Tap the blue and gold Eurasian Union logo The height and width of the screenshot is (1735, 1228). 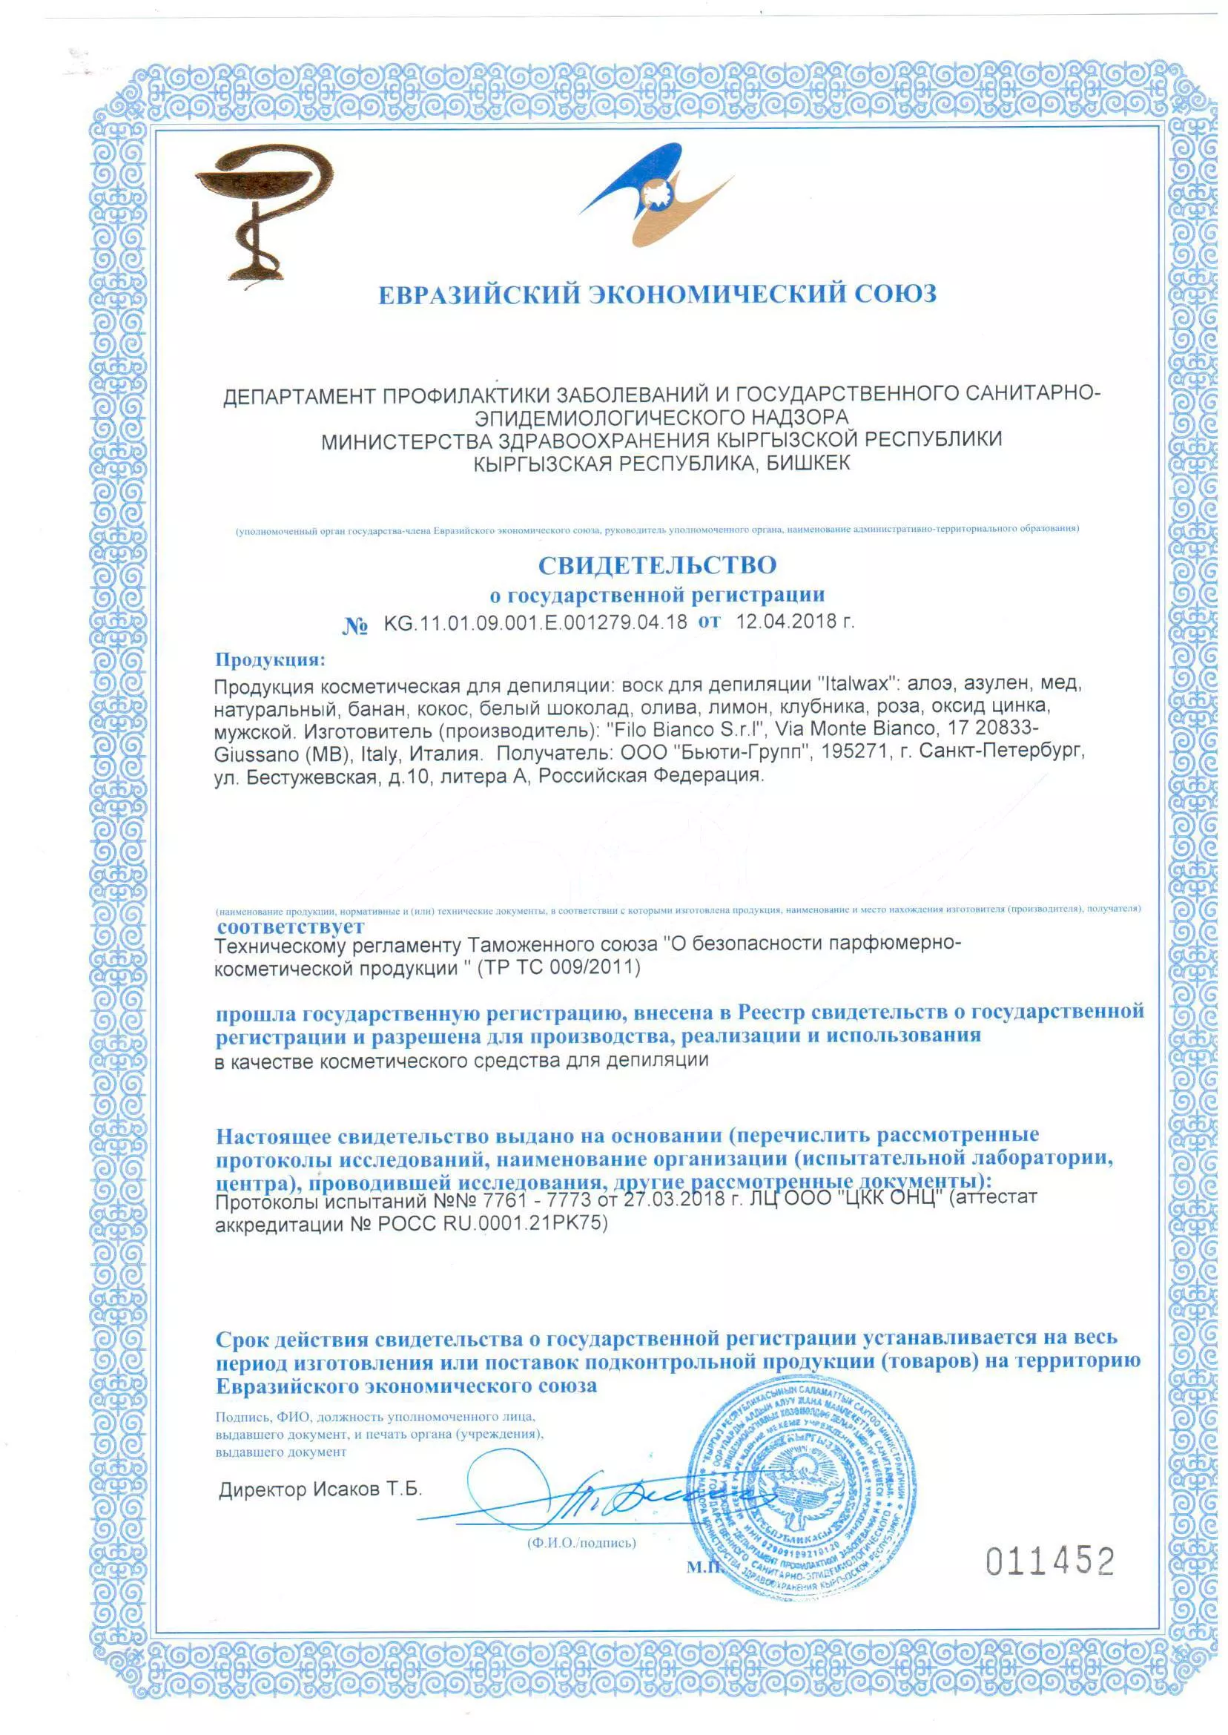point(656,197)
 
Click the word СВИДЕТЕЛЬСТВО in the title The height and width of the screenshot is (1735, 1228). point(656,565)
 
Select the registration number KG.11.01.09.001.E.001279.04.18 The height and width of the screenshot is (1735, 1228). point(535,622)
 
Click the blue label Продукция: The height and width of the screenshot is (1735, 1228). point(270,659)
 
